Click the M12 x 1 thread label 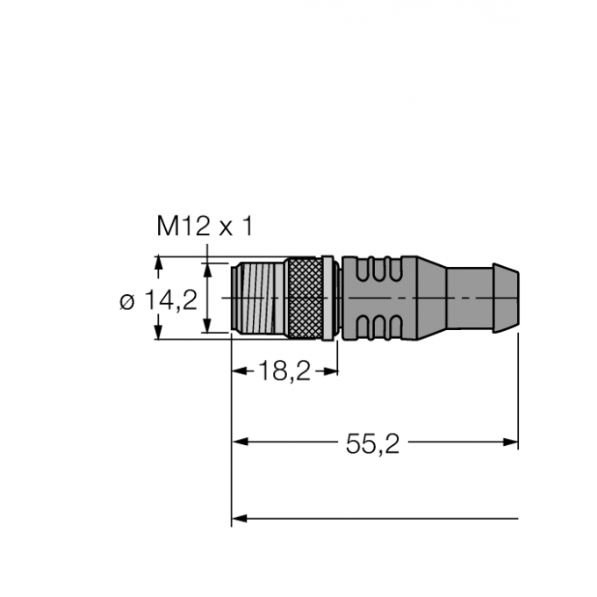coord(204,227)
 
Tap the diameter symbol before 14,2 coord(127,301)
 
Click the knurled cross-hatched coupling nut coord(304,298)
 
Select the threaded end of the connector coord(255,298)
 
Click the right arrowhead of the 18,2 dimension coord(332,371)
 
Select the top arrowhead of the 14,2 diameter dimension coord(158,263)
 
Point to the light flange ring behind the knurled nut coord(327,298)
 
